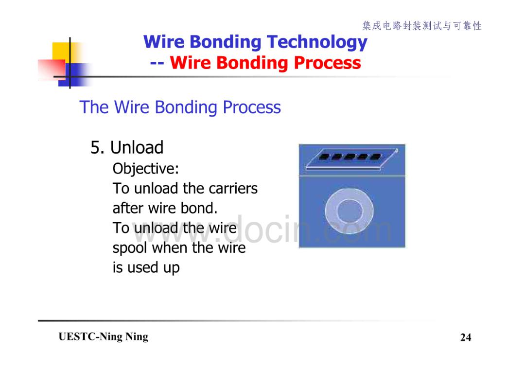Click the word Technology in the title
click(317, 42)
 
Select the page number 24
click(466, 337)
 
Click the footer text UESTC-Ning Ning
click(103, 337)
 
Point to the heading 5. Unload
click(127, 148)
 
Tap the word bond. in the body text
click(199, 208)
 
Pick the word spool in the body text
click(130, 248)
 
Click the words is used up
click(146, 268)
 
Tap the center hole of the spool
click(350, 212)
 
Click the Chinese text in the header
click(422, 26)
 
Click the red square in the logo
click(52, 69)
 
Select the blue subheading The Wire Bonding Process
click(180, 107)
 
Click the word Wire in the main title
click(164, 42)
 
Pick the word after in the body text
click(128, 208)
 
